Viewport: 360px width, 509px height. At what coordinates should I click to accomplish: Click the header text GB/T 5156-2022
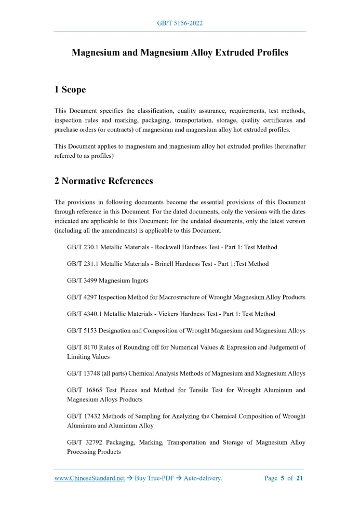[180, 23]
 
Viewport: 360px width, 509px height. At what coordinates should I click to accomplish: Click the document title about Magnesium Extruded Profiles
[180, 52]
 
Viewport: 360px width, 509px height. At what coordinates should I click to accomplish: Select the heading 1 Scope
[70, 89]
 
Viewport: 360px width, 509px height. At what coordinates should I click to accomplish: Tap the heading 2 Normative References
[103, 181]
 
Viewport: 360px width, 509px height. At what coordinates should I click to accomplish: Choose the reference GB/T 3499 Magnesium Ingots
[108, 280]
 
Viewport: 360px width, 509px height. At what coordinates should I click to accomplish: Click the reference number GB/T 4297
[83, 297]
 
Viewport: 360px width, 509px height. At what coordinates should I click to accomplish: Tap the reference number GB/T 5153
[83, 330]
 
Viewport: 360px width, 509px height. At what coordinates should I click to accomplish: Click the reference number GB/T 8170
[83, 347]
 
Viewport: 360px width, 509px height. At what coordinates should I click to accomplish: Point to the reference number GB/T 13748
[85, 373]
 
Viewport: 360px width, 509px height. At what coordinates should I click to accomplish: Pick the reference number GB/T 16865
[86, 390]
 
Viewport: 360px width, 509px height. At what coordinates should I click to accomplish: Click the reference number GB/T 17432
[85, 416]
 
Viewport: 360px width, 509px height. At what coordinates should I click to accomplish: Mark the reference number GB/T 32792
[86, 443]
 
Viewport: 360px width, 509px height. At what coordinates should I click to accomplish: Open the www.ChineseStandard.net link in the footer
[89, 478]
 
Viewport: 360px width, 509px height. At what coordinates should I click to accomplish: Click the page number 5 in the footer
[283, 478]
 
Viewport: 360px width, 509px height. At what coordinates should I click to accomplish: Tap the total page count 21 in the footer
[299, 478]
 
